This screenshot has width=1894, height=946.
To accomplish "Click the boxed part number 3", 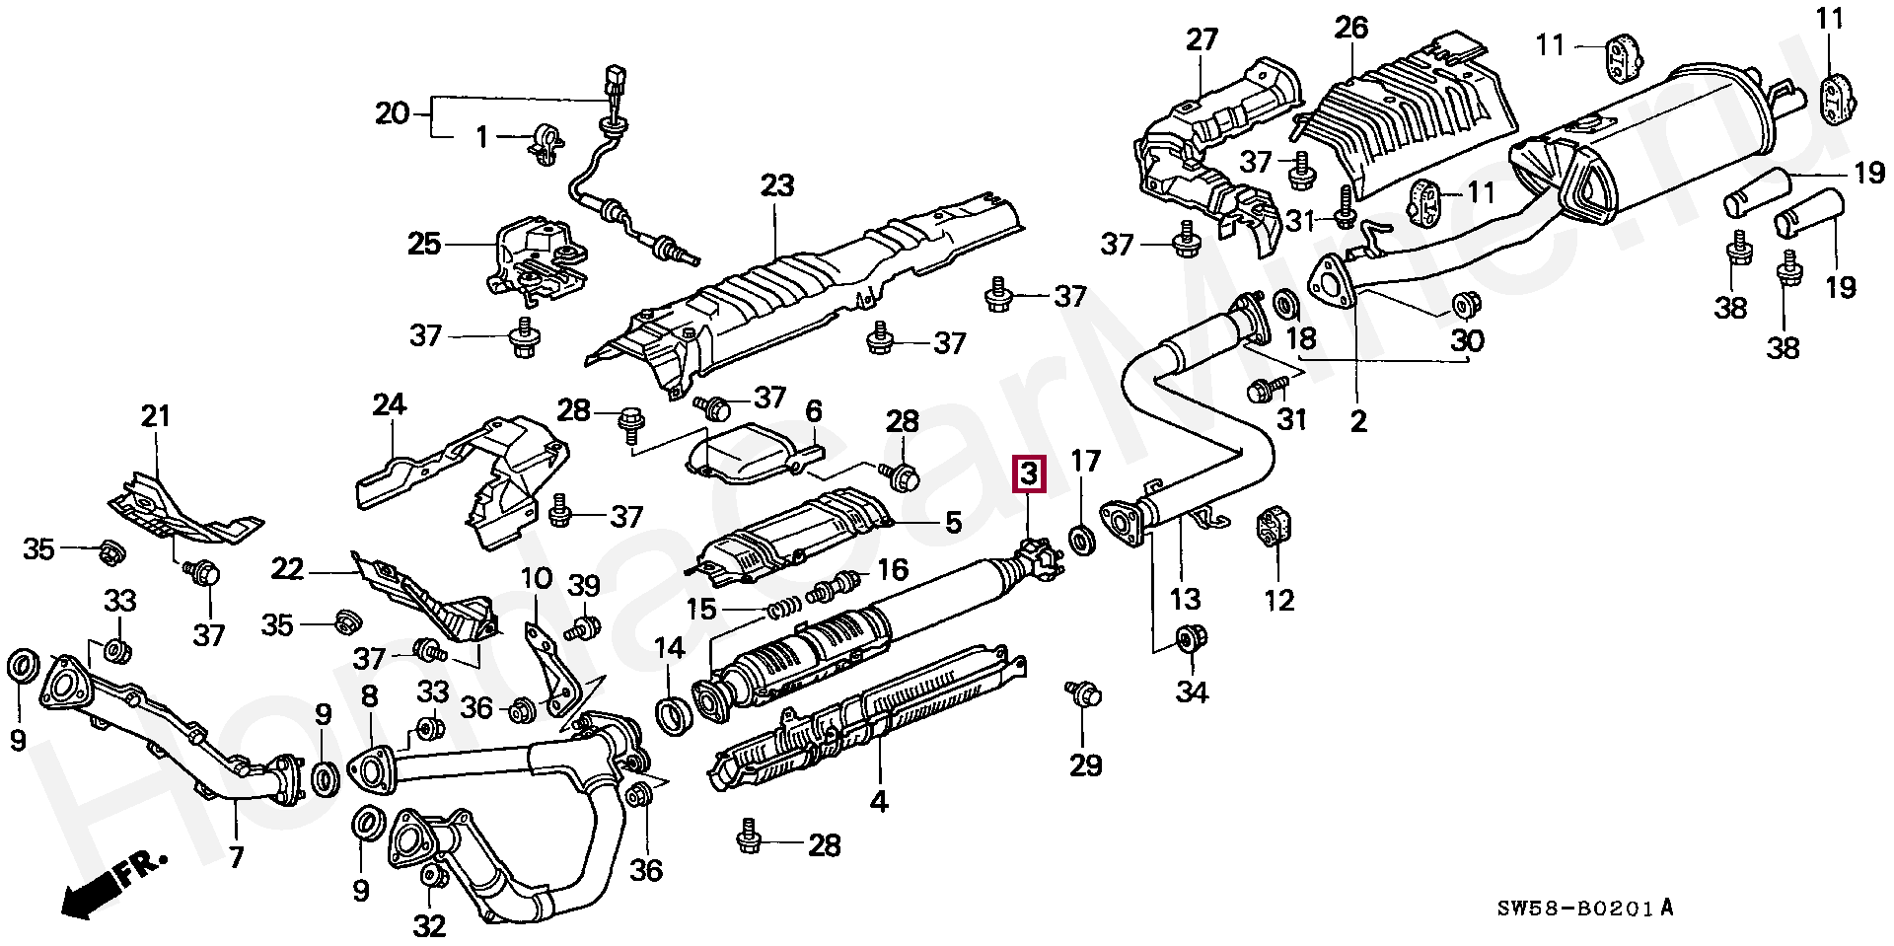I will click(x=1028, y=474).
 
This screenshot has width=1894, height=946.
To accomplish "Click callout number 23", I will click(x=776, y=184).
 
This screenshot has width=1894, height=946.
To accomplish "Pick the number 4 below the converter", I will click(x=878, y=801).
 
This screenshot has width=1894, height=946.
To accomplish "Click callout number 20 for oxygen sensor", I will click(x=392, y=114).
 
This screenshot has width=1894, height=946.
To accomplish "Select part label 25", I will click(x=424, y=243).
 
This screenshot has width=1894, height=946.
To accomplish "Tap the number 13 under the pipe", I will click(x=1185, y=598).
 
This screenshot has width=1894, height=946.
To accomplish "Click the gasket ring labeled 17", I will click(x=1082, y=541).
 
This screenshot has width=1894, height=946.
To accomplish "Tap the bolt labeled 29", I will click(x=1082, y=695).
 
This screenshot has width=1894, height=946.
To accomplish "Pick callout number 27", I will click(x=1202, y=40).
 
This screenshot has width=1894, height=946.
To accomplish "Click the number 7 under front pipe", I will click(x=236, y=857).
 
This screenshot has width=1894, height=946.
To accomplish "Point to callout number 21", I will click(x=156, y=416).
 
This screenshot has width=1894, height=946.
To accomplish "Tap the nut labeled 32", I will click(x=431, y=876).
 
